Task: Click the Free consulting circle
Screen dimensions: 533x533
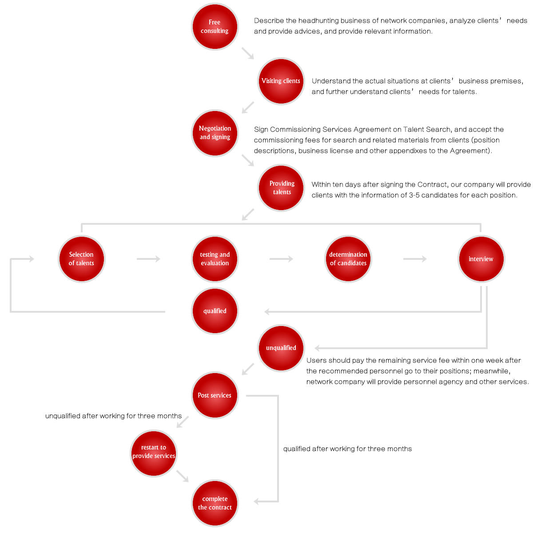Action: pos(215,27)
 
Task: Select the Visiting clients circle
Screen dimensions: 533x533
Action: pos(281,81)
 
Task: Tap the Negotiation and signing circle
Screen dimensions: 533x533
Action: pos(215,133)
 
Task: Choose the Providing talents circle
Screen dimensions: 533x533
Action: pos(281,187)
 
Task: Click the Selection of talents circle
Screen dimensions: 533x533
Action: pos(81,259)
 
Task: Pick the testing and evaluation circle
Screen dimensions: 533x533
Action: pos(215,259)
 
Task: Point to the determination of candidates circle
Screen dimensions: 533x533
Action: pos(348,259)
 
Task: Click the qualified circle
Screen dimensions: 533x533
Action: pos(215,310)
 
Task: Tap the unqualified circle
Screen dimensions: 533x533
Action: pos(281,348)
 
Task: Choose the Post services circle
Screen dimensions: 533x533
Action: pos(215,395)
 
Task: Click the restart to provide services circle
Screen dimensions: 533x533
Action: pos(154,453)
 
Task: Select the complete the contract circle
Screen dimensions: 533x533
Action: pos(215,502)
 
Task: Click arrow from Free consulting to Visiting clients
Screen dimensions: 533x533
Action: pos(247,53)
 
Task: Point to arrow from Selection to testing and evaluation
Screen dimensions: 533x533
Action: pos(148,259)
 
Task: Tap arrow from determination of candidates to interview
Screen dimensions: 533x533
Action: pos(414,259)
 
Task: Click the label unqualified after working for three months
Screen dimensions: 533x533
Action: pos(113,416)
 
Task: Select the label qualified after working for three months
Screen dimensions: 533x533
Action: pos(347,449)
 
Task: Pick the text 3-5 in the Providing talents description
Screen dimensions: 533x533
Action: pos(414,195)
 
